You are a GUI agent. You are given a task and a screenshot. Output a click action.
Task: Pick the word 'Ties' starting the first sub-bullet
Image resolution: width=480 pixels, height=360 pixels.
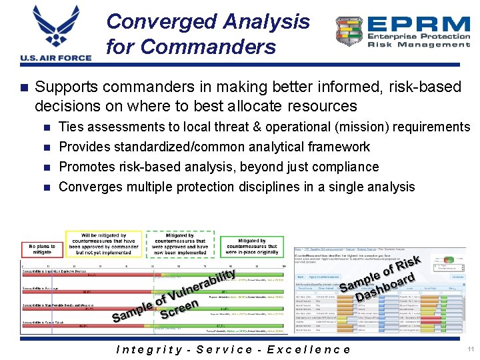click(69, 127)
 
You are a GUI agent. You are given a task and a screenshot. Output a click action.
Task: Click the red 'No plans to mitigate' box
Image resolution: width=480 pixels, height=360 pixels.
click(41, 249)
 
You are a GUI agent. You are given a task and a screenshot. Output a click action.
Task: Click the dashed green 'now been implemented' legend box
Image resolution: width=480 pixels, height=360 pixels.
click(180, 244)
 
